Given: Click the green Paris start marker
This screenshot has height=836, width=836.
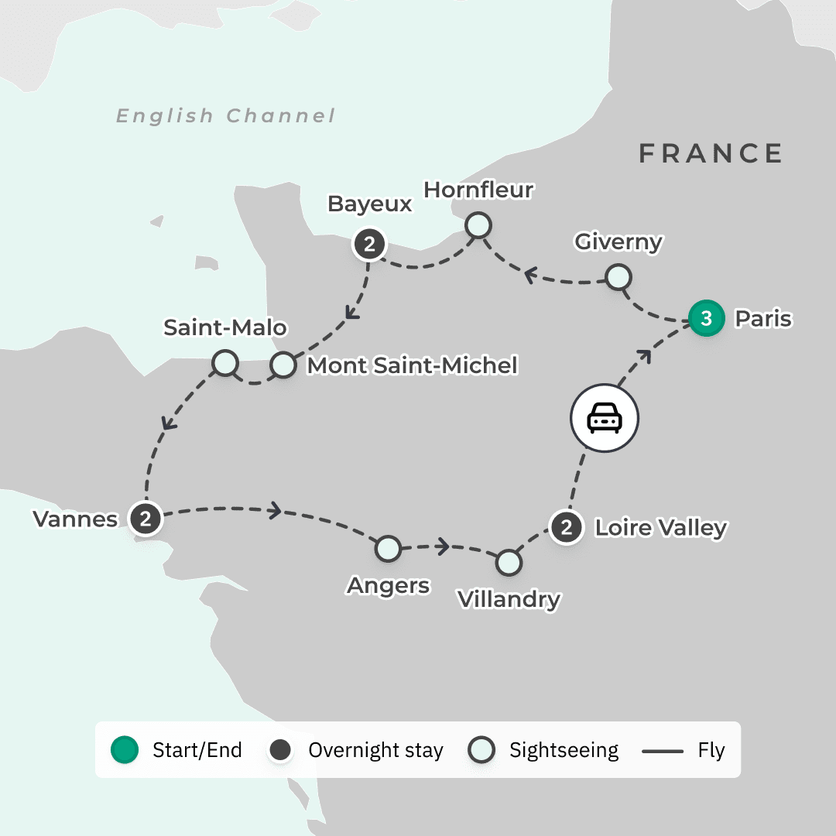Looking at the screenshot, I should [x=706, y=318].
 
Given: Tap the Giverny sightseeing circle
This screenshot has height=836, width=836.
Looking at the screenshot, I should [x=617, y=276].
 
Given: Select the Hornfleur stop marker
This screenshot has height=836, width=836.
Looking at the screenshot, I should [x=478, y=225].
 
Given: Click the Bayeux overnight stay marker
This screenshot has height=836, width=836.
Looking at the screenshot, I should [x=370, y=245].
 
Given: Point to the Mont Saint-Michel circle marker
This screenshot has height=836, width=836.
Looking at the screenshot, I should [x=283, y=365].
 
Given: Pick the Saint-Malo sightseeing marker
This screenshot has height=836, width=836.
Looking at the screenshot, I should [x=224, y=362].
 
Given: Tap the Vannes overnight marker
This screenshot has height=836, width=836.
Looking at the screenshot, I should [x=146, y=518].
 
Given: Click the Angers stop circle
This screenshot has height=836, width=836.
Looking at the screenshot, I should [x=388, y=549].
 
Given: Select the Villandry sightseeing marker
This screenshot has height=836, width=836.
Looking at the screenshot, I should [x=508, y=563].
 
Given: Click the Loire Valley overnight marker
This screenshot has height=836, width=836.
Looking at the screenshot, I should [x=567, y=528].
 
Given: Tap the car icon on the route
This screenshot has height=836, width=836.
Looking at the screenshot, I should [x=605, y=420].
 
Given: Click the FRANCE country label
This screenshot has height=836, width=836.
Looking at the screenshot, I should [x=710, y=153].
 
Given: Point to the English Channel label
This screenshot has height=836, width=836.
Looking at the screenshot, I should [x=225, y=116].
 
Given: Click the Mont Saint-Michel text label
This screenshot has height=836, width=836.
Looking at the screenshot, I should [x=412, y=365].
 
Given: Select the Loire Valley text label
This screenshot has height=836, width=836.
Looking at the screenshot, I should [x=660, y=528].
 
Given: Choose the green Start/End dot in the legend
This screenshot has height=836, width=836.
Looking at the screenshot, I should [x=125, y=749].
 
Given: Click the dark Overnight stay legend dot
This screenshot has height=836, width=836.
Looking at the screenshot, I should [x=280, y=749].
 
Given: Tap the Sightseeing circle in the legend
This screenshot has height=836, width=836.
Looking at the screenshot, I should [x=482, y=749].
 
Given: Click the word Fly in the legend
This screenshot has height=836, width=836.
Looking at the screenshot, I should [x=711, y=750].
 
